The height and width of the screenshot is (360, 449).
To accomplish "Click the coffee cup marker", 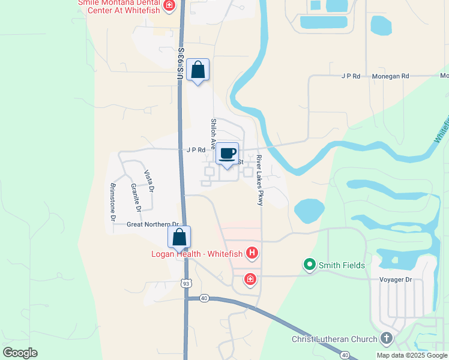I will pos(228,154).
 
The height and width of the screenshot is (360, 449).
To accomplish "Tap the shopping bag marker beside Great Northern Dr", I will pos(179,237).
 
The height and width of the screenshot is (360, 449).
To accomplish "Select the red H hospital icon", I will pos(252,253).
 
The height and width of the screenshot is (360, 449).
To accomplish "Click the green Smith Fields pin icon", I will pos(310,265).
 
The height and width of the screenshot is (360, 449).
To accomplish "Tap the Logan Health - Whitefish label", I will pos(197,253).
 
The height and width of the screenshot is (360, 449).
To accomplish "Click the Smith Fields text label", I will pos(342,265).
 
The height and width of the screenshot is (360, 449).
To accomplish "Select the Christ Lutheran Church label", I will pos(334,339).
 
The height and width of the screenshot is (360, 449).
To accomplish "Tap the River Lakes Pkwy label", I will pos(259,181).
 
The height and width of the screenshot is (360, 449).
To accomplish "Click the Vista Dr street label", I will pos(149,181).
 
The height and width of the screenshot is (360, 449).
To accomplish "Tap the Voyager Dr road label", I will pos(397,279).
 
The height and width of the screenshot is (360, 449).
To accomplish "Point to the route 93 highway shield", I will pos(186,283).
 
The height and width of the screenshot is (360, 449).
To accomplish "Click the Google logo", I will pos(20,352).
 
